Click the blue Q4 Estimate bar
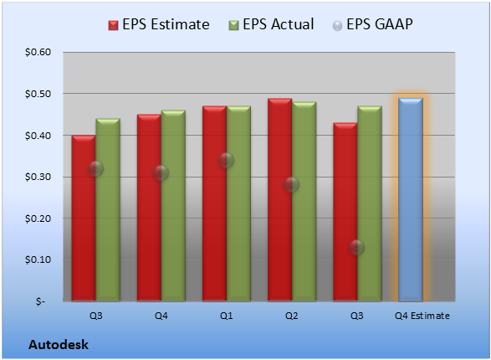pos(410,199)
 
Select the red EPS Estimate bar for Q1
pos(214,203)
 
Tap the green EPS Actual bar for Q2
pos(304,202)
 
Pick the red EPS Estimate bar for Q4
pos(149,208)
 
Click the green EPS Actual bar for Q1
pos(238,203)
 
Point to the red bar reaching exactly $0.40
pos(84,218)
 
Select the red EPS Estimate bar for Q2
pos(279,200)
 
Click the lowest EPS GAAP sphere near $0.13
pos(356,248)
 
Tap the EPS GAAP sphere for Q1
pos(226,161)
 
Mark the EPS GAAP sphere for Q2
pos(292,184)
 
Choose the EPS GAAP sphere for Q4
pos(161,173)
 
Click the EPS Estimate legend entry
pos(159,24)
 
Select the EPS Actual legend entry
pos(271,24)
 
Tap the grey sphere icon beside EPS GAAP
pos(337,26)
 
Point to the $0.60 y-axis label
pos(38,52)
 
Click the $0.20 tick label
pos(38,219)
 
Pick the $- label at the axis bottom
pos(40,301)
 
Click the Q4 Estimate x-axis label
pos(422,316)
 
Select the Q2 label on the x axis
pos(292,316)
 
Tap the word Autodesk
pos(59,345)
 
